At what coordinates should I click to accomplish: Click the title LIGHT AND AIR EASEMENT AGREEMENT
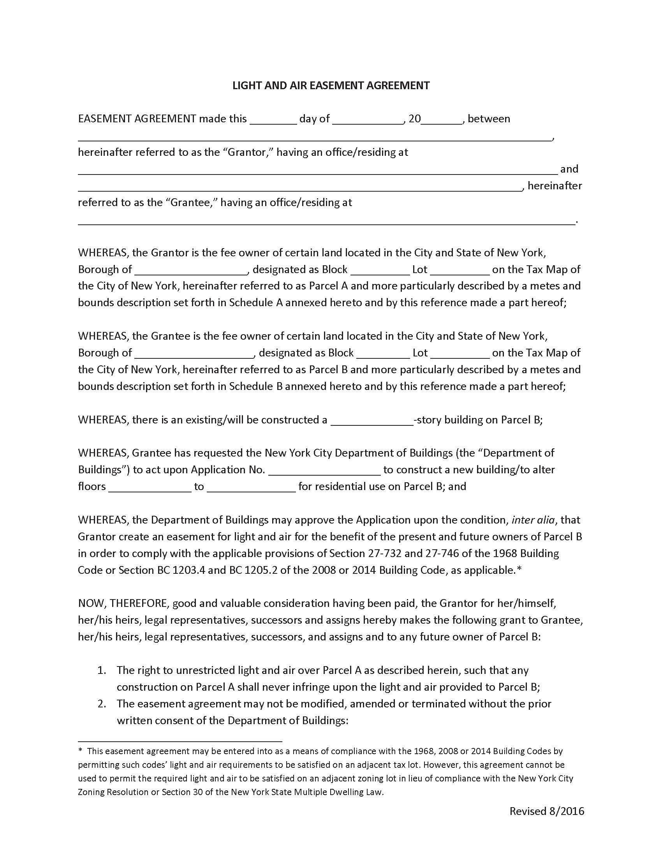[x=331, y=86]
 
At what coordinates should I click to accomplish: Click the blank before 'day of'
[x=273, y=120]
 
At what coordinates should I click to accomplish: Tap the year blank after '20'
[x=442, y=120]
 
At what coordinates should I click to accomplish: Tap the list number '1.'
[x=102, y=671]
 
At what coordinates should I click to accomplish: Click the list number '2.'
[x=102, y=704]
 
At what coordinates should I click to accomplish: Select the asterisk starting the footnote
[x=80, y=751]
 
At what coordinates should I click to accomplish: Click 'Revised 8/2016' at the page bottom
[x=547, y=811]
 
